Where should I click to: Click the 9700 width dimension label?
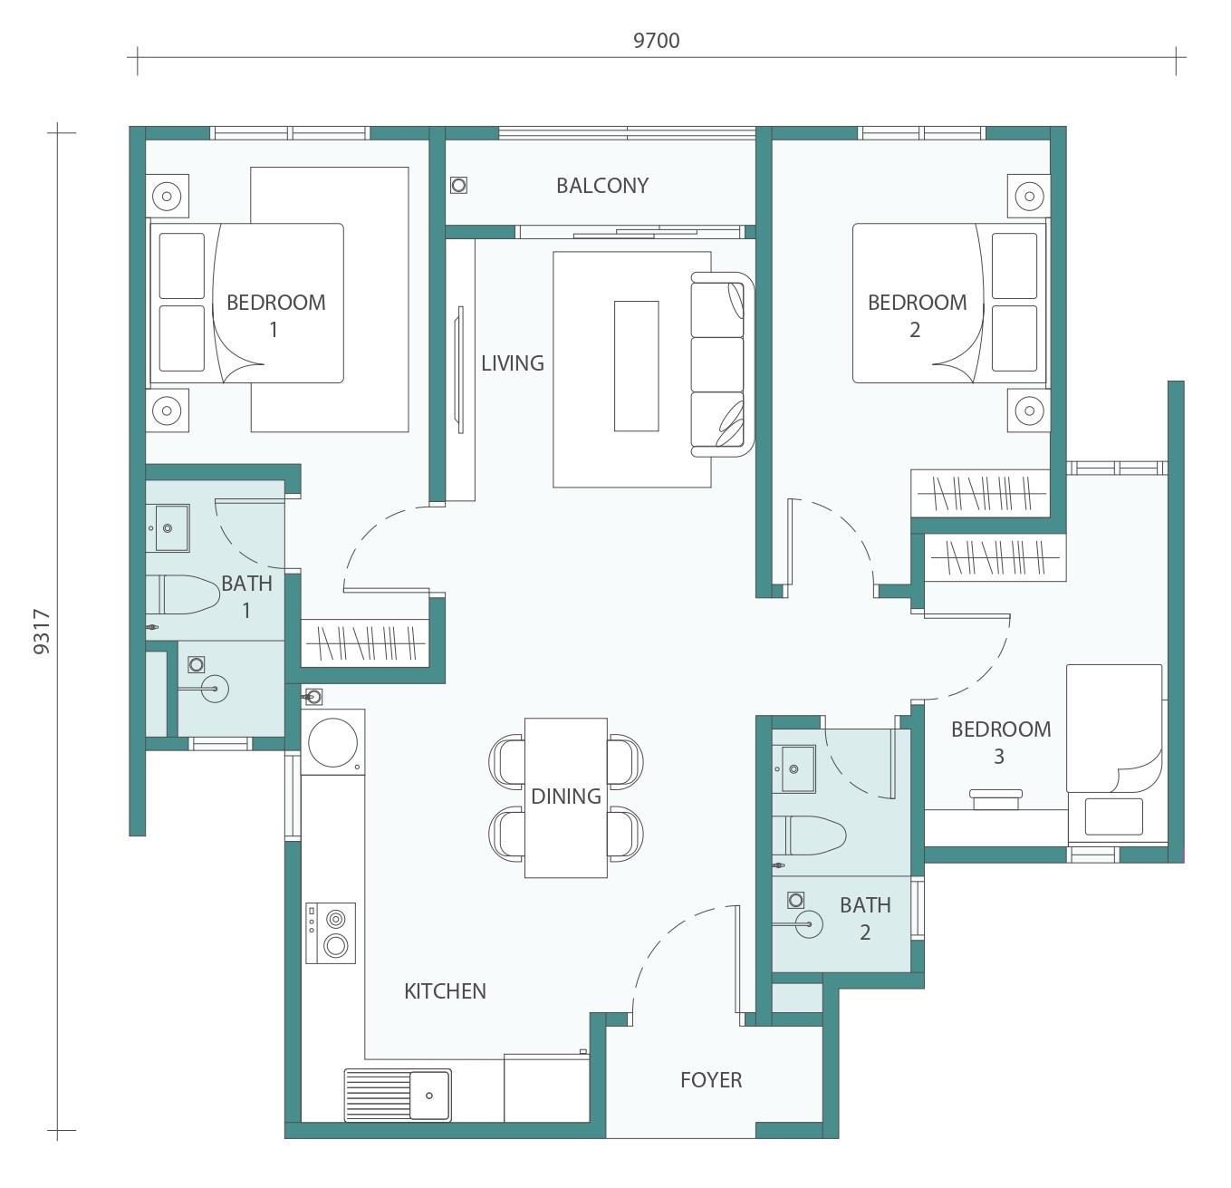(x=656, y=41)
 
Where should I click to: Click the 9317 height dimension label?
(x=42, y=631)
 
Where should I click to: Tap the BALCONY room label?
(x=602, y=186)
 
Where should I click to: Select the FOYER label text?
(x=711, y=1080)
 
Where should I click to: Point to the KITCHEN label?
(x=445, y=991)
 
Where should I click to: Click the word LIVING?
(x=513, y=363)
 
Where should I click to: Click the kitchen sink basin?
(x=429, y=1096)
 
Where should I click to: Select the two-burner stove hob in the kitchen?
(x=331, y=933)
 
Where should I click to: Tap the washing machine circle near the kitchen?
(x=332, y=742)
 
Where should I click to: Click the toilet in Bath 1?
(x=183, y=594)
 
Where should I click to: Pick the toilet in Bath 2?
(x=809, y=835)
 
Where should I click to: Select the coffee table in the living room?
(x=637, y=366)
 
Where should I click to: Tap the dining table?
(x=566, y=797)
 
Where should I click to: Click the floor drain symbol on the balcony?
(x=458, y=186)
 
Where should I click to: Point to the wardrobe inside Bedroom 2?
(x=980, y=493)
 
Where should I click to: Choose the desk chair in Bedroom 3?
(x=995, y=799)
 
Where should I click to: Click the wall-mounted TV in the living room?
(x=460, y=371)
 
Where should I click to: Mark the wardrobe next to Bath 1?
(x=366, y=643)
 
